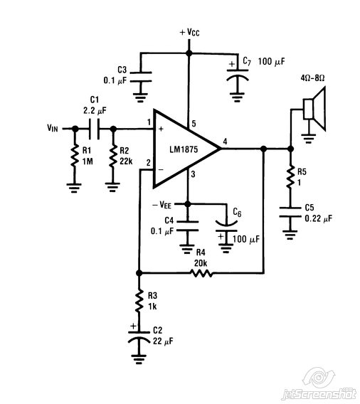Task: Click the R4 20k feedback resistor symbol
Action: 201,273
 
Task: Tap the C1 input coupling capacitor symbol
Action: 94,129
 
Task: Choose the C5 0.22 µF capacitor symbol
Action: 290,211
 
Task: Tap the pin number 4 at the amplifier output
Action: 225,142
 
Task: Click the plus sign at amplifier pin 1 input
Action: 161,129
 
